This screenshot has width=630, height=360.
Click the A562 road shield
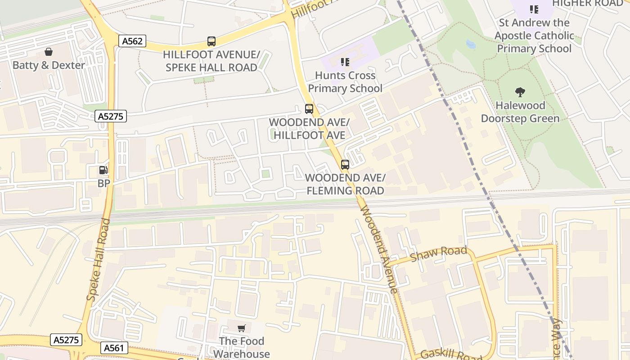(x=133, y=41)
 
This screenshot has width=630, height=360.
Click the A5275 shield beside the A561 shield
(x=67, y=340)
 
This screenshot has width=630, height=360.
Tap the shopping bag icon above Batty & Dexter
(x=49, y=52)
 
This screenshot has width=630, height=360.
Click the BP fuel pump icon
(x=103, y=170)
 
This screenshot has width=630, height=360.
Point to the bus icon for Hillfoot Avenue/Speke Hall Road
(x=211, y=41)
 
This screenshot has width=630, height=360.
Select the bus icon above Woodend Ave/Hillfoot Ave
(x=309, y=108)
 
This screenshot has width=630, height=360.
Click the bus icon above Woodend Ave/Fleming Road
(x=345, y=165)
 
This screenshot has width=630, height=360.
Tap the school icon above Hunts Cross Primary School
(x=345, y=62)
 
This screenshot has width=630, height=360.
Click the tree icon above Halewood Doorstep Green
(x=520, y=92)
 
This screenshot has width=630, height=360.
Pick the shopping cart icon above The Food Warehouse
(x=242, y=328)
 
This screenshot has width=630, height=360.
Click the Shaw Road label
(x=439, y=254)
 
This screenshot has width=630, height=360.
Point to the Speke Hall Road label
(x=99, y=260)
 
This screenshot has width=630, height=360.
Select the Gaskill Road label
(x=451, y=354)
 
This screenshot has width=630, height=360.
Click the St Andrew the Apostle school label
(x=534, y=36)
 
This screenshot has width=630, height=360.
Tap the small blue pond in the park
(x=471, y=44)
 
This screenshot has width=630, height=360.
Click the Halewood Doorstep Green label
(x=520, y=112)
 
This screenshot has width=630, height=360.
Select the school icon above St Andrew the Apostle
(x=534, y=9)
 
